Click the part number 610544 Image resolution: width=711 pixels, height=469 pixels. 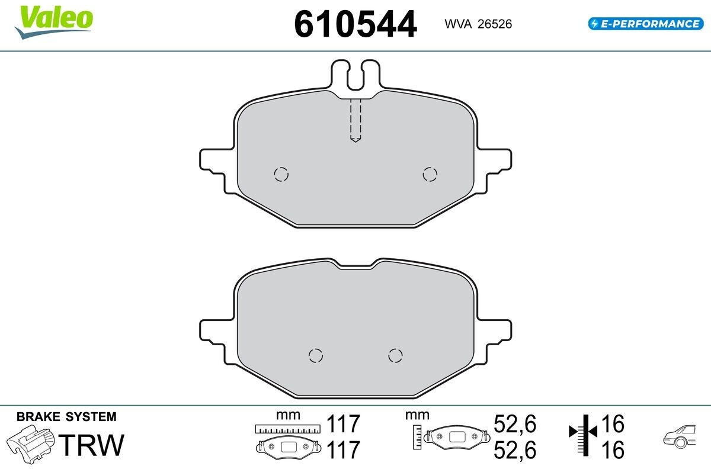coord(355,24)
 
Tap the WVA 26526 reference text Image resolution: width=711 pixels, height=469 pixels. coord(478,24)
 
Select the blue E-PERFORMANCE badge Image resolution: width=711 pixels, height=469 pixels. coord(646,24)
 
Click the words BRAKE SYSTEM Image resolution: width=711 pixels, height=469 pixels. coord(66,417)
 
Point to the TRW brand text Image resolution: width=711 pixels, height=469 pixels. coord(91,445)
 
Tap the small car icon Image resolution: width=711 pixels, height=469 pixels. coord(680,436)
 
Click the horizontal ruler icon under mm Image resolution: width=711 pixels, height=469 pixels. coord(288,429)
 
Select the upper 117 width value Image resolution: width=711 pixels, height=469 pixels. coord(343,423)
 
